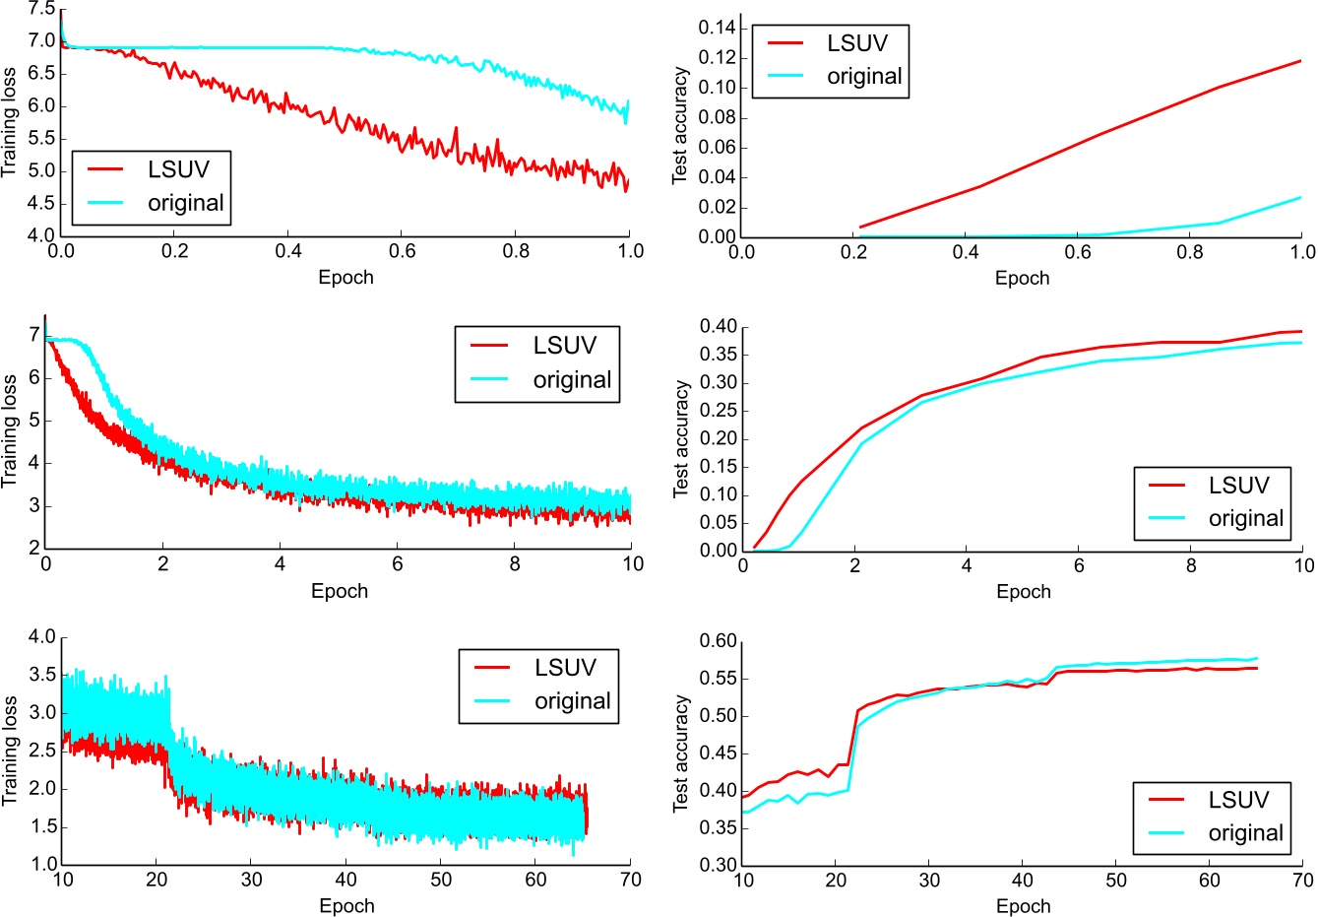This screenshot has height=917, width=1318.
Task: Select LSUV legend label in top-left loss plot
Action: (x=178, y=169)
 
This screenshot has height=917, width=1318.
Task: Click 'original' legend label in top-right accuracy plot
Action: (x=863, y=77)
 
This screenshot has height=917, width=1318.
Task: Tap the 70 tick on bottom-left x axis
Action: (x=630, y=880)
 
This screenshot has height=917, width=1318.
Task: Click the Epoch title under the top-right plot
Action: (x=1022, y=278)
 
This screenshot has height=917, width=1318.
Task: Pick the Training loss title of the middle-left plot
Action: (x=10, y=430)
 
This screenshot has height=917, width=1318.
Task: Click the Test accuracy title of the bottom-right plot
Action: (x=680, y=753)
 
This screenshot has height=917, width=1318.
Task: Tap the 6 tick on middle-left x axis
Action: (x=398, y=564)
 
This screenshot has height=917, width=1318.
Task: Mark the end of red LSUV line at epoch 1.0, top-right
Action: (x=1301, y=61)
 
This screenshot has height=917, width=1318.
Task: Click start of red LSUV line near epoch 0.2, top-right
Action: (x=860, y=228)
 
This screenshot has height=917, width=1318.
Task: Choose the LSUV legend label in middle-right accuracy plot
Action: (x=1238, y=486)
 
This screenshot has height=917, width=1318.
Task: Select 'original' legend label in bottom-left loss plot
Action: (x=572, y=701)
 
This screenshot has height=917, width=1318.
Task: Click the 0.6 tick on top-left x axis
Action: (x=403, y=251)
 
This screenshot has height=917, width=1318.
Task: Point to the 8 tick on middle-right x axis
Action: (x=1191, y=565)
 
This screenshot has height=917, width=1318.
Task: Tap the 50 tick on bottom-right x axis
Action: (x=1116, y=880)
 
